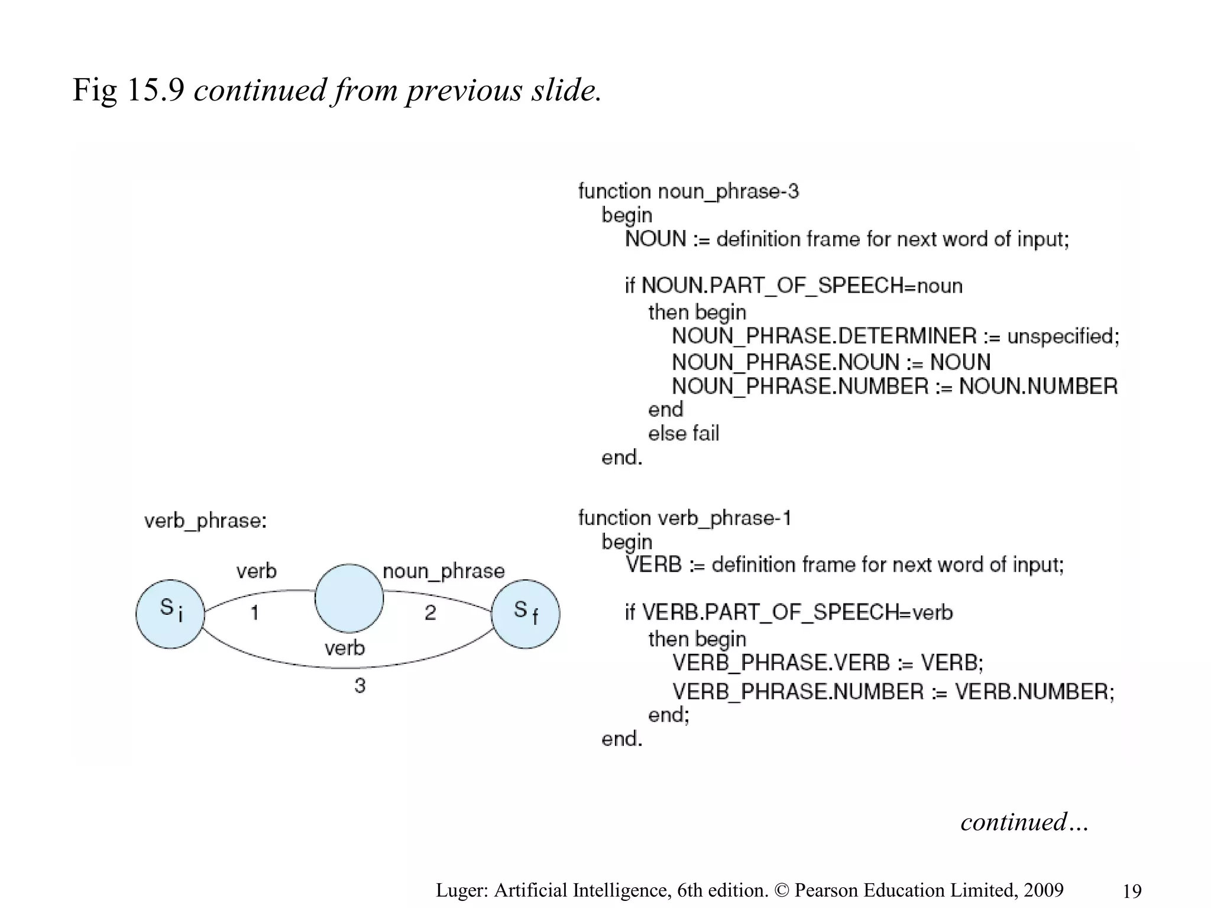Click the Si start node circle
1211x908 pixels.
click(170, 614)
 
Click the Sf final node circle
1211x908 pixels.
click(526, 614)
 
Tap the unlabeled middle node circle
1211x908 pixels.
click(349, 598)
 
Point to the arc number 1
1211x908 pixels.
click(255, 612)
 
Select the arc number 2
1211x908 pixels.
click(430, 612)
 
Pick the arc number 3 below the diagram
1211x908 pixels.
click(360, 686)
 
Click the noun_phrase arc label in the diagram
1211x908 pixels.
click(443, 571)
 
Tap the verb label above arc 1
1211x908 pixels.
click(256, 571)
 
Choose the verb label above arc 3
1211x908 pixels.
click(345, 648)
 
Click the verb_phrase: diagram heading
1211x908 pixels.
click(205, 521)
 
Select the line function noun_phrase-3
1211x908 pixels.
click(688, 192)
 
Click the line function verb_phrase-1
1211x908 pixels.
click(684, 518)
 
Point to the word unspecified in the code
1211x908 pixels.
click(1063, 336)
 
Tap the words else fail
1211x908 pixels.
click(684, 434)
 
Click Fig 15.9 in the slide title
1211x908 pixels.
click(128, 90)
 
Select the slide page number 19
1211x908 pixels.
click(1132, 891)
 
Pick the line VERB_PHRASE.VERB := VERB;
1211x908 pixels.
click(827, 663)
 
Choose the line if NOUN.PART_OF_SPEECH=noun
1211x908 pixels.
click(794, 286)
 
